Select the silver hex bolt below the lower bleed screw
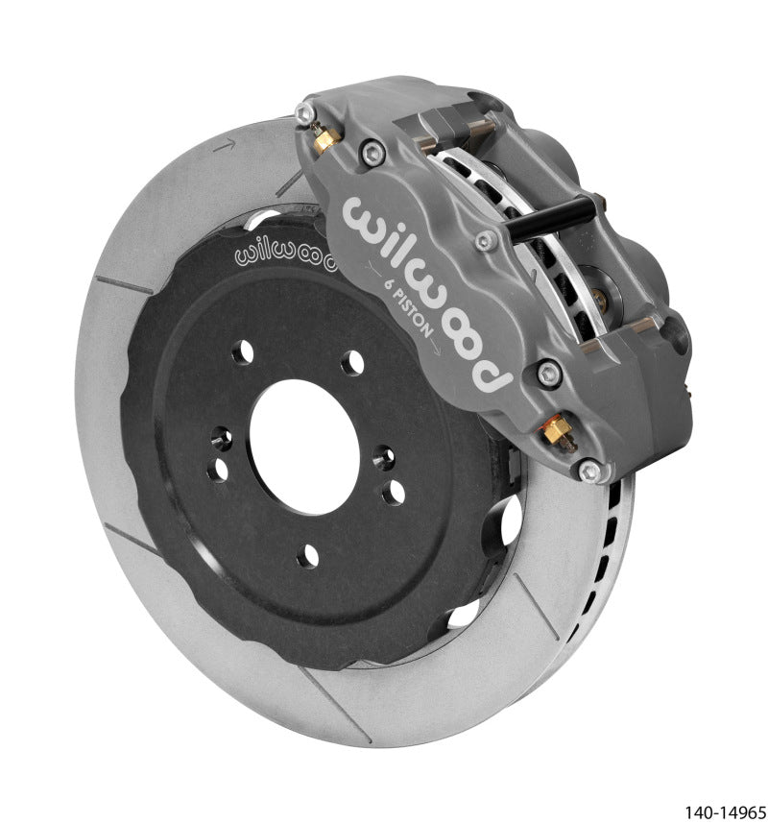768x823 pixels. click(589, 472)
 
